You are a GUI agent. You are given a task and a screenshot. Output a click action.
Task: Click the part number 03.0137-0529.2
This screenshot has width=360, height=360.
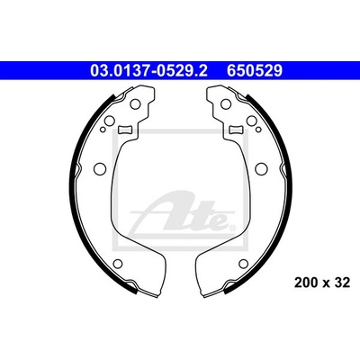[x=148, y=71]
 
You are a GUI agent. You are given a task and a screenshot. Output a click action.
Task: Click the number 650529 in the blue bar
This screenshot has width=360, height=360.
[x=255, y=71]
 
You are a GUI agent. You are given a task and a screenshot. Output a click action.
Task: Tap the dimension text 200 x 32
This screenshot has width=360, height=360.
[x=322, y=283]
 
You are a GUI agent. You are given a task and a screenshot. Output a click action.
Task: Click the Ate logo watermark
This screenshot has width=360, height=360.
[x=183, y=215]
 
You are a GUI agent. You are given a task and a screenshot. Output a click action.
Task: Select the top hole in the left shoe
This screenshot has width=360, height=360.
[x=135, y=104]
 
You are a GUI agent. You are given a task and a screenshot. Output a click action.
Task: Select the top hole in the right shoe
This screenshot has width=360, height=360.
[x=226, y=104]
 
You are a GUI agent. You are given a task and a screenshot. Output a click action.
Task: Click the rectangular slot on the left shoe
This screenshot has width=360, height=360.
[x=125, y=130]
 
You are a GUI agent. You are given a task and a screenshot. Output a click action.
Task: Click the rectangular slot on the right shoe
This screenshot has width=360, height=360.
[x=236, y=130]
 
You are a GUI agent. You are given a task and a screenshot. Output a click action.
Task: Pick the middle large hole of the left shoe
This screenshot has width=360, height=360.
[x=100, y=169]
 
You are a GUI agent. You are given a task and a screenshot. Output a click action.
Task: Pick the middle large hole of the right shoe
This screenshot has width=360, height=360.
[x=261, y=169]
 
